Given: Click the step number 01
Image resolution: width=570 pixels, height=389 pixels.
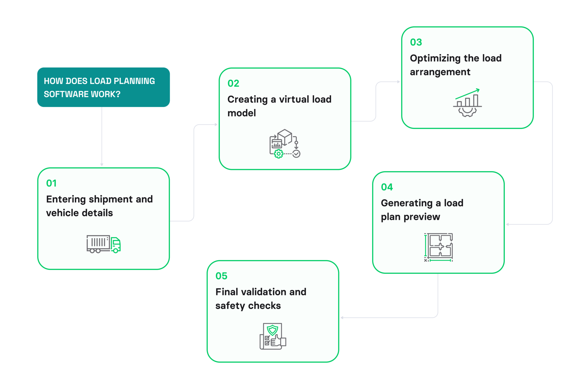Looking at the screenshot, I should click(x=51, y=183).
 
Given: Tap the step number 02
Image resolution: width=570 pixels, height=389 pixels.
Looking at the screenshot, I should click(x=233, y=83).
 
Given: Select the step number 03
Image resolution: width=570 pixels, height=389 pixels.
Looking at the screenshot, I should click(x=416, y=42).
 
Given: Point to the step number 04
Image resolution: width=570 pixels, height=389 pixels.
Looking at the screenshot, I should click(x=387, y=187).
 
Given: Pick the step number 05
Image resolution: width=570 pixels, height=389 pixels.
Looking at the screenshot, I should click(x=221, y=276).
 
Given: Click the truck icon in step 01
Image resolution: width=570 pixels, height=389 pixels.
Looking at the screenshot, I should click(x=103, y=244).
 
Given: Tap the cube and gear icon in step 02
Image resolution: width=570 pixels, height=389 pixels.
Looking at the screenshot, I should click(x=284, y=144).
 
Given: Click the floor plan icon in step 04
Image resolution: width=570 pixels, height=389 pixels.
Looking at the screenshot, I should click(x=438, y=247).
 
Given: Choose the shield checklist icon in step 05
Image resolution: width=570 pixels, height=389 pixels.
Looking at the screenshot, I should click(x=273, y=336).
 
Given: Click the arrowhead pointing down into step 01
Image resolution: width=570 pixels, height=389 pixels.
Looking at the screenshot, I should click(x=102, y=165).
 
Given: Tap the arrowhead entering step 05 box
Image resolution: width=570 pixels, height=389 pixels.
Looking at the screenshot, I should click(x=342, y=317).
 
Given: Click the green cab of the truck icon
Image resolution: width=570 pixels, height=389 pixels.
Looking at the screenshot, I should click(x=116, y=245).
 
